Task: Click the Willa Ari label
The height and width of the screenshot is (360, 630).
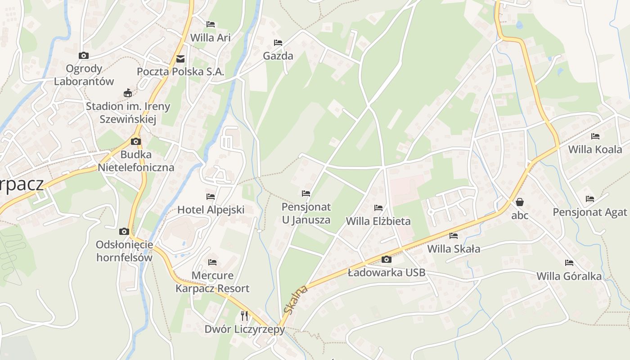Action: point(210,38)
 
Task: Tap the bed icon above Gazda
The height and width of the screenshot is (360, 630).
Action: point(278,43)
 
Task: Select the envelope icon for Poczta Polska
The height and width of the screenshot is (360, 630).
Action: point(180,59)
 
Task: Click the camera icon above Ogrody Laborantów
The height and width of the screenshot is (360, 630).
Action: point(84,56)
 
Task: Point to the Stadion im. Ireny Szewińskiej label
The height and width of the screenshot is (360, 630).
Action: point(128,112)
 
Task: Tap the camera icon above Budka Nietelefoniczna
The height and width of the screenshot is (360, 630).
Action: point(135,141)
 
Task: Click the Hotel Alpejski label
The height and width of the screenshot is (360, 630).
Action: point(211,209)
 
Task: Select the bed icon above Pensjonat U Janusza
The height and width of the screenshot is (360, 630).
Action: point(306,193)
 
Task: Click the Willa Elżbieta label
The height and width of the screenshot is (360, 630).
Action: point(378,221)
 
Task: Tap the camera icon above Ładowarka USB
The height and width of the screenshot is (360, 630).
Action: point(386,259)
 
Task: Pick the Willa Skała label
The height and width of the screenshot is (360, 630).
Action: point(454,248)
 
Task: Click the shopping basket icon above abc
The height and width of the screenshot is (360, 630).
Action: point(520,202)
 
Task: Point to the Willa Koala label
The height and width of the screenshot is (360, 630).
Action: point(595,149)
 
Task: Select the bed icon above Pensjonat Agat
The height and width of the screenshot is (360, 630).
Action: point(590,198)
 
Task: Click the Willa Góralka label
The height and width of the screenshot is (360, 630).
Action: point(569,276)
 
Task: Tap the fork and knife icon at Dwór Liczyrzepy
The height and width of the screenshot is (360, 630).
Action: point(244,316)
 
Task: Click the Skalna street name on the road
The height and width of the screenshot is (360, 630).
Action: point(296,299)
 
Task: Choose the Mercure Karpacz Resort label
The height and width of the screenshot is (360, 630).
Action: point(212,282)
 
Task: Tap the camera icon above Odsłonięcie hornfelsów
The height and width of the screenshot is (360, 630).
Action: point(124,232)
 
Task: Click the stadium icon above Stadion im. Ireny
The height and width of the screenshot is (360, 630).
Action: point(128,93)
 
